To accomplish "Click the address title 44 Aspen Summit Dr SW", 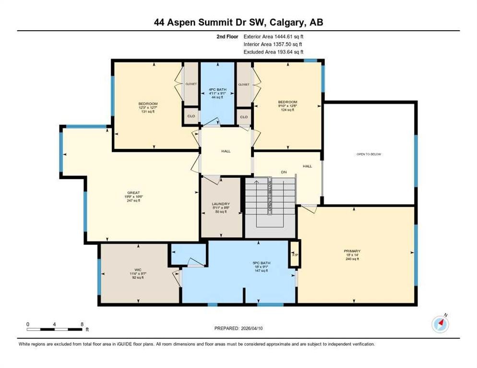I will coord(238,22).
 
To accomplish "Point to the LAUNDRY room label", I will coord(221,204).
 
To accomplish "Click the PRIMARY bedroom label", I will coord(352,251).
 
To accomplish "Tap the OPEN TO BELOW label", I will coord(369,154).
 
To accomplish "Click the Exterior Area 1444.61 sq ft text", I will coord(273,36).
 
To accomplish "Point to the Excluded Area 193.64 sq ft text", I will coord(273,52).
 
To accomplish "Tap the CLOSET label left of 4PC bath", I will coord(191,84).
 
